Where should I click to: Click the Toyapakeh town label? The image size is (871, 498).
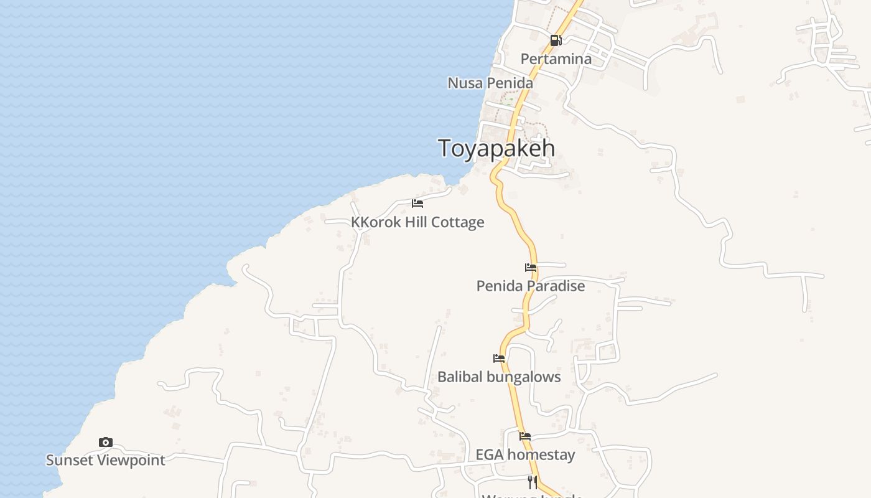(496, 149)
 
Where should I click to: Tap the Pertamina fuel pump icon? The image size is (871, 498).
(556, 41)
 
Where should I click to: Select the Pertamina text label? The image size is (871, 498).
(556, 59)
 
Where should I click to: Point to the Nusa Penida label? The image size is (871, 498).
(490, 83)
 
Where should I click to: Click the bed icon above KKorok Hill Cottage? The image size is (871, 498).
(417, 204)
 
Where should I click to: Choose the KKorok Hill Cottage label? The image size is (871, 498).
(417, 222)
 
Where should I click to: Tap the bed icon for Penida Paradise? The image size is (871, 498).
(531, 268)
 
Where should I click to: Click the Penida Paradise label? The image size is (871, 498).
(531, 286)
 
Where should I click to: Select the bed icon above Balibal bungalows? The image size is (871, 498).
(499, 359)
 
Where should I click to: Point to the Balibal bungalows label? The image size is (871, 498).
(499, 377)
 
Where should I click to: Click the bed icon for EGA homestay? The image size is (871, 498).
(525, 436)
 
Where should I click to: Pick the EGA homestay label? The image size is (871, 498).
(525, 454)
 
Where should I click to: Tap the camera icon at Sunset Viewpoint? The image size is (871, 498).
(106, 442)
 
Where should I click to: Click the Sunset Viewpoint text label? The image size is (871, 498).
(106, 460)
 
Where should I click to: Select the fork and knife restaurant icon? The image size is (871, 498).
(533, 482)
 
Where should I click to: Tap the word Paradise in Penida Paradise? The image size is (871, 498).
(556, 286)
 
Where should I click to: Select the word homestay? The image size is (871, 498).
(541, 454)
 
